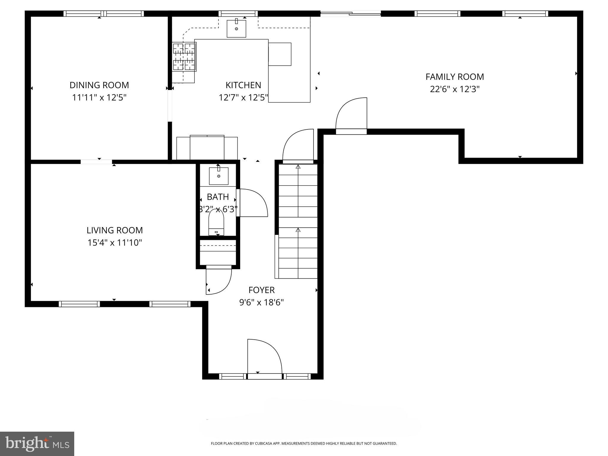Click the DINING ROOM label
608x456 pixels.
tap(99, 85)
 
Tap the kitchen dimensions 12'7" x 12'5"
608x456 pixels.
tap(243, 98)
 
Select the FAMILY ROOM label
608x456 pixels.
tap(455, 77)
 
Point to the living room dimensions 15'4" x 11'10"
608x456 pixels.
tap(115, 243)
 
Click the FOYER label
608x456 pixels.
tap(262, 290)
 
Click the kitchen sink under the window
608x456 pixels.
tap(236, 28)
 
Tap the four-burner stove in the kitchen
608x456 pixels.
tap(184, 56)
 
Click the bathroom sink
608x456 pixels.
tap(219, 176)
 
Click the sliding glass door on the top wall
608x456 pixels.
tap(351, 13)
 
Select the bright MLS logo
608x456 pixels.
tap(37, 444)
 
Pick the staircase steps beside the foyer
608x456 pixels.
tap(298, 221)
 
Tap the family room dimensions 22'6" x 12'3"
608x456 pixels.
tap(455, 89)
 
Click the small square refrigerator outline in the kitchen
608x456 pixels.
tap(280, 54)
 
